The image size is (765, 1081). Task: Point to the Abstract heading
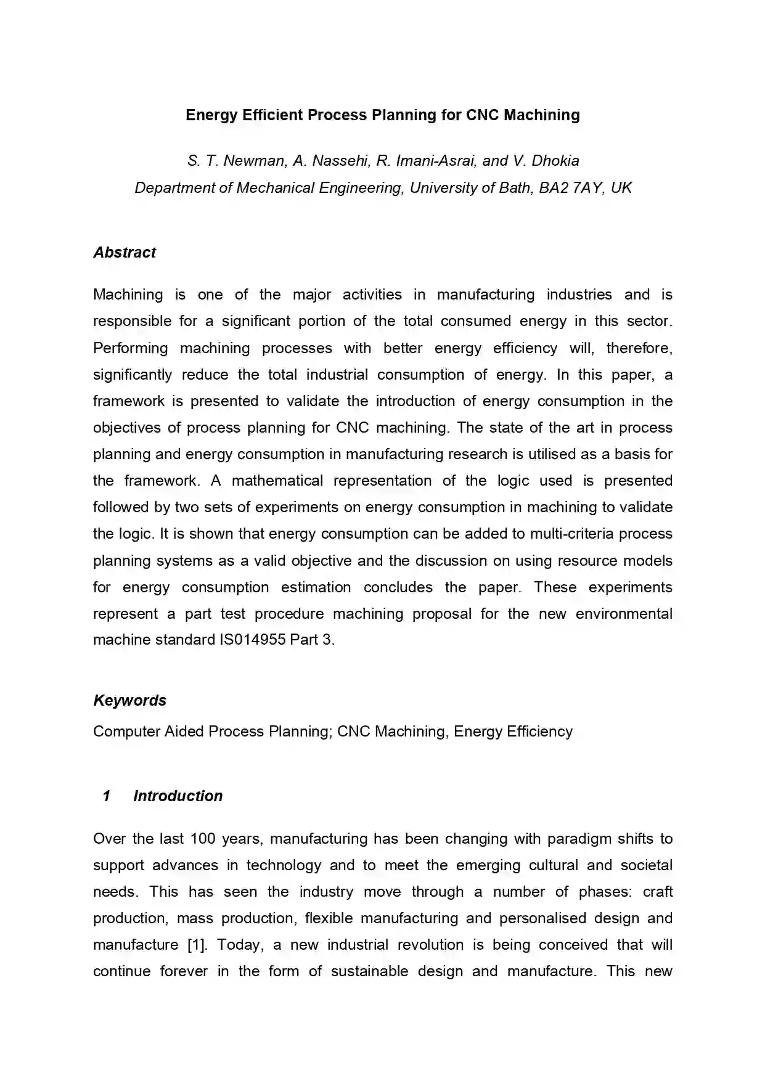point(125,253)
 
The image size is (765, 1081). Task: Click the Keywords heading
point(129,701)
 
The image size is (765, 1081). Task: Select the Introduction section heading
point(178,796)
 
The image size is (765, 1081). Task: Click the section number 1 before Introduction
point(106,796)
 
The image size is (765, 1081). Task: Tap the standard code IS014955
point(252,640)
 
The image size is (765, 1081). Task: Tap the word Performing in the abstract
point(130,348)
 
